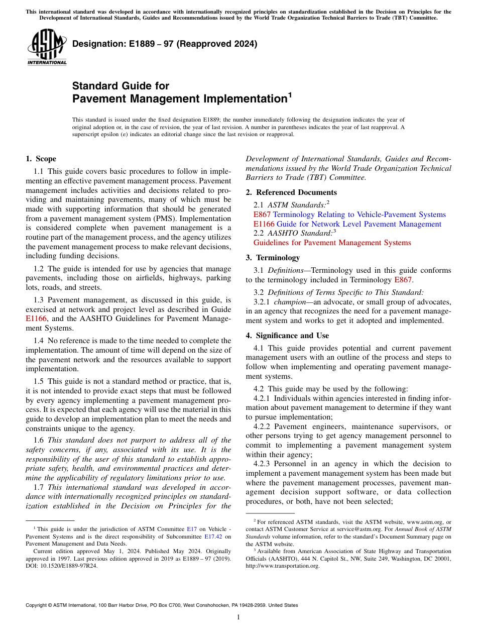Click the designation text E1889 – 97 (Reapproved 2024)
(165, 44)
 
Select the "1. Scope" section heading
(41, 159)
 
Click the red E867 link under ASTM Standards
(262, 215)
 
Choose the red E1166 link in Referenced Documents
(264, 224)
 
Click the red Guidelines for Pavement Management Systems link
(332, 243)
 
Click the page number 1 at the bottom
(238, 617)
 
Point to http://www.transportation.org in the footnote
(282, 566)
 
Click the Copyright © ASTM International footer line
(161, 605)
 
